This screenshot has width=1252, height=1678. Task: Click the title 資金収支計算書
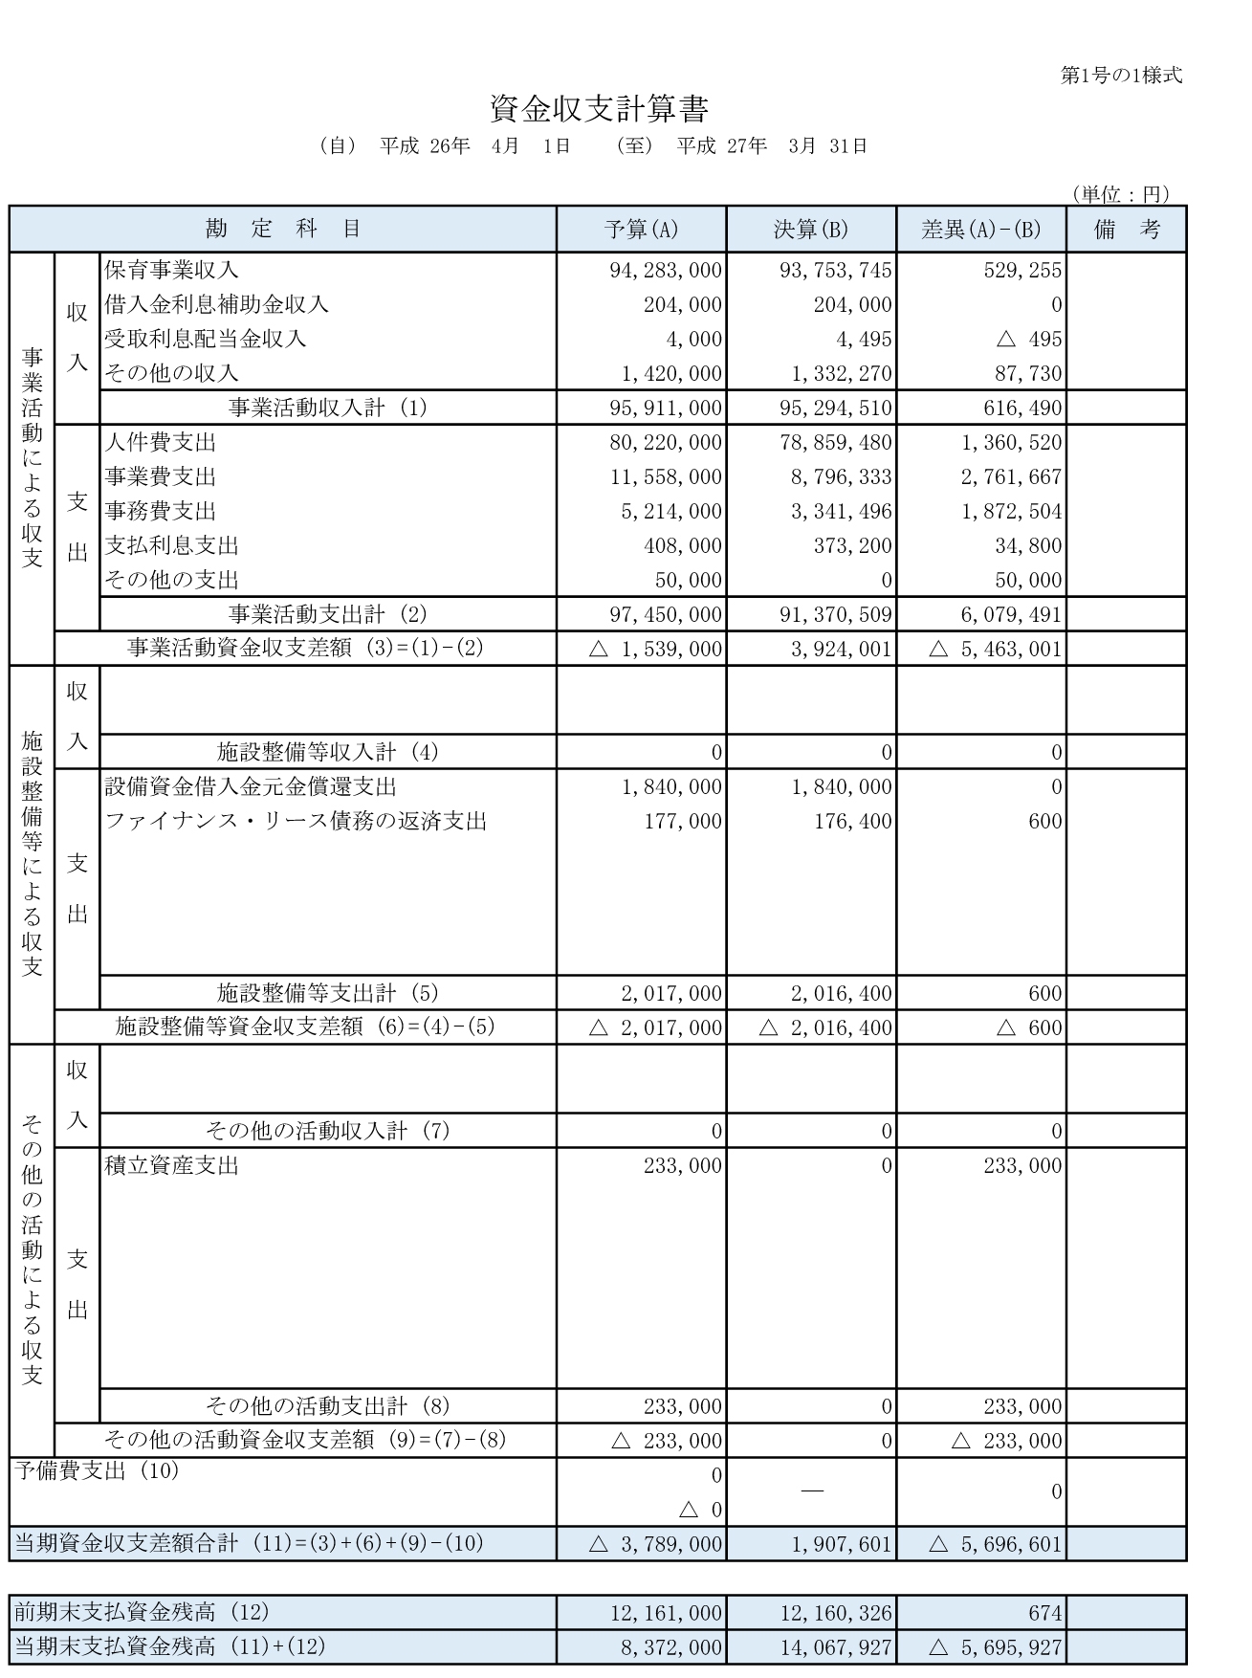click(x=599, y=109)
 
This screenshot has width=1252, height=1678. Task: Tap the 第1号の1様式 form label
click(x=1121, y=76)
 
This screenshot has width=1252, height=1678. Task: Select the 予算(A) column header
click(x=641, y=230)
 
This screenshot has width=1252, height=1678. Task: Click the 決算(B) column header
click(x=810, y=230)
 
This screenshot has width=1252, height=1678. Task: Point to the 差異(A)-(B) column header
click(x=980, y=230)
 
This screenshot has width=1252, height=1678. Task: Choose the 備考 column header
click(x=1126, y=230)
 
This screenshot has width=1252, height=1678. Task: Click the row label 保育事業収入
click(x=171, y=271)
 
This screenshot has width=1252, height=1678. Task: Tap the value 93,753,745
click(x=835, y=271)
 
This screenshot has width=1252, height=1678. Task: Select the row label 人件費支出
click(x=160, y=443)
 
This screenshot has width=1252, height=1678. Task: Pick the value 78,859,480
click(x=835, y=443)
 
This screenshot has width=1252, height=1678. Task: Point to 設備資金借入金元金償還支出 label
click(x=250, y=787)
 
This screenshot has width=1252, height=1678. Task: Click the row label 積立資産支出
click(x=171, y=1166)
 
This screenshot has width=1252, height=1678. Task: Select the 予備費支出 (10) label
click(x=97, y=1471)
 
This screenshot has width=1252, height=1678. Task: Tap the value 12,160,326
click(x=835, y=1614)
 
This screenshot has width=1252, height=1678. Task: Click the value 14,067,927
click(x=835, y=1648)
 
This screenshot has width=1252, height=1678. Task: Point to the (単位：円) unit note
click(x=1120, y=194)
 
